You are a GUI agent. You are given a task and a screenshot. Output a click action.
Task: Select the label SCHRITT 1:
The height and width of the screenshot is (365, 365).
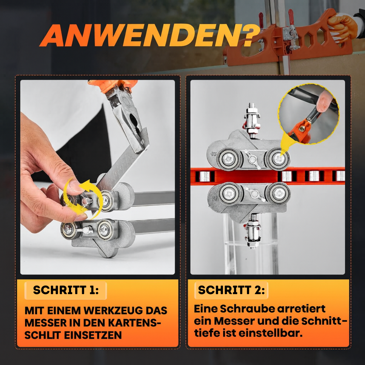pyautogui.click(x=66, y=290)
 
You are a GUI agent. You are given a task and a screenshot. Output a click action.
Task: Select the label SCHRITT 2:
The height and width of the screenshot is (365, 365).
pyautogui.click(x=231, y=290)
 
